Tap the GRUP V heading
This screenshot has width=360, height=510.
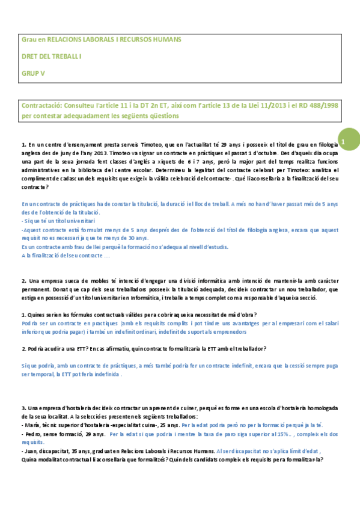coord(33,72)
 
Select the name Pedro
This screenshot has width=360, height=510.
coord(32,433)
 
